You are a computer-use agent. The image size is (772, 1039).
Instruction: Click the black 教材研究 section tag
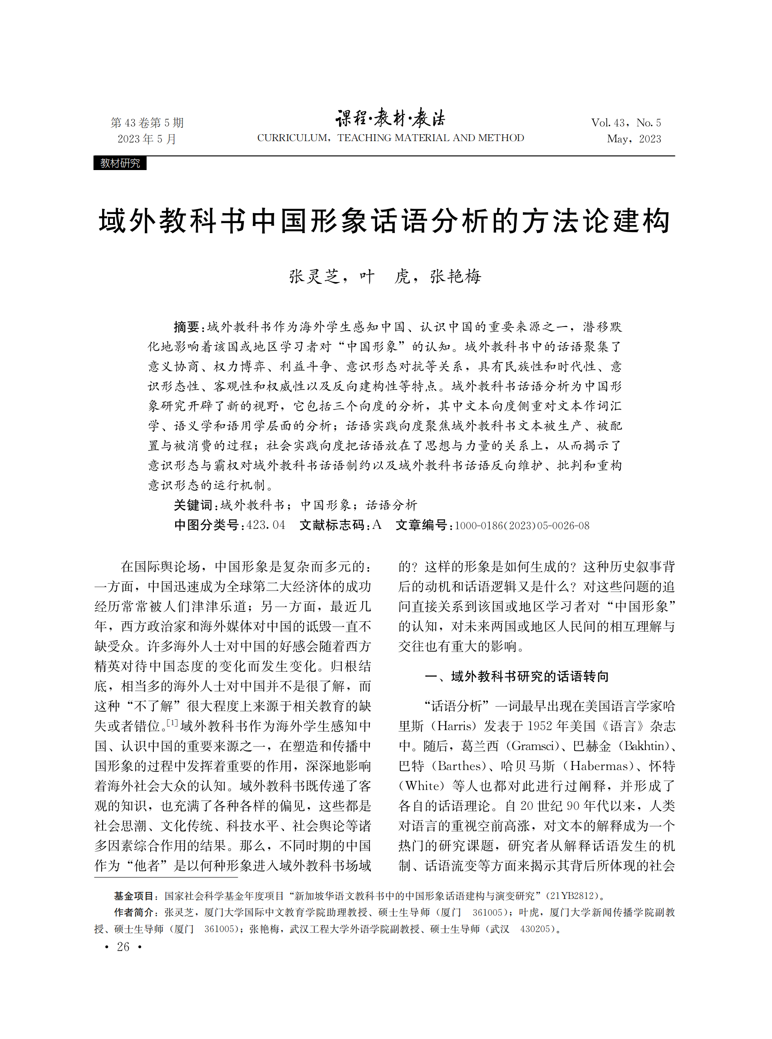120,163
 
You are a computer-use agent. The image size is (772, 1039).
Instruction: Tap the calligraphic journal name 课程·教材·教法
390,118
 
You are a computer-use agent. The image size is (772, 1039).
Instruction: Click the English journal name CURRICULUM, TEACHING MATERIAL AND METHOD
390,138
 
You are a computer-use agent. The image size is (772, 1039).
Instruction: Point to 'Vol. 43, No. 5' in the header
626,123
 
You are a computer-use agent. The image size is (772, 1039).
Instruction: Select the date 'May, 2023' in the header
634,139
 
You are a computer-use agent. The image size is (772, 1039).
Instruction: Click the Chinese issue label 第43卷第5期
147,123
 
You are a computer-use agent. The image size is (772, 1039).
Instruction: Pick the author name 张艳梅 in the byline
455,277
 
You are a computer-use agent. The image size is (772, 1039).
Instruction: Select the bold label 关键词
193,505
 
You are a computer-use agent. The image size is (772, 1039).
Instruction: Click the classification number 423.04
266,525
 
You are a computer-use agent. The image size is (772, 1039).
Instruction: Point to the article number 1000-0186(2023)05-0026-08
521,526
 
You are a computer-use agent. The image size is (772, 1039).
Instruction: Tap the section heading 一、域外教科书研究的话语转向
516,676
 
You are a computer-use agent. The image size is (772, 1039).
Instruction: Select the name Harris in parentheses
453,726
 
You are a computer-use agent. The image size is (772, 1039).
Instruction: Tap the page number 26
123,946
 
